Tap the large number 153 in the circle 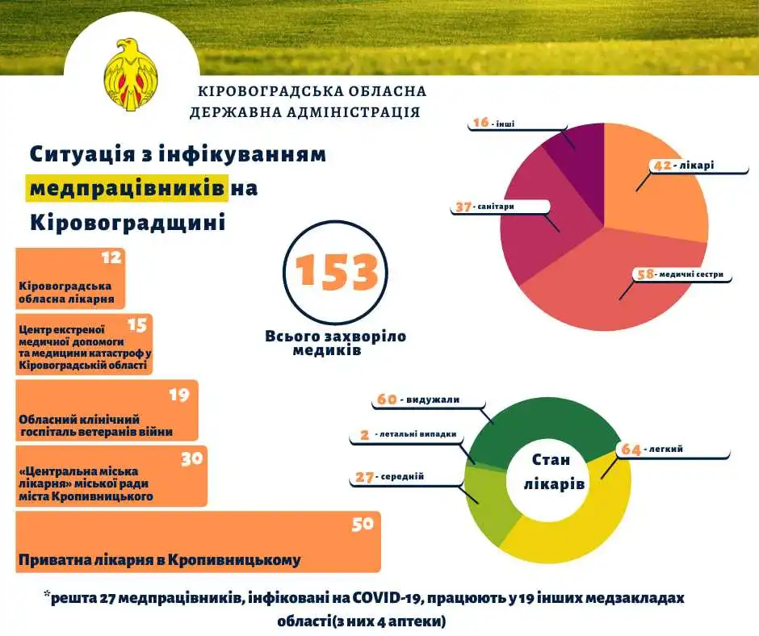[x=337, y=273]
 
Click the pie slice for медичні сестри [x=614, y=282]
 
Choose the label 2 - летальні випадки [x=408, y=434]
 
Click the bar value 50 [x=363, y=524]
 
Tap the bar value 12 [x=111, y=258]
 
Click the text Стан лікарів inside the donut [x=551, y=472]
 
